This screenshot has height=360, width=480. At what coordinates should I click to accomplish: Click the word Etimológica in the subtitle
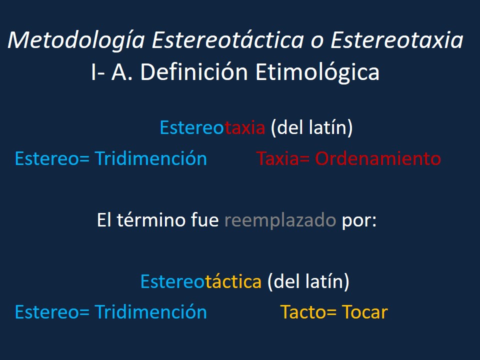click(x=317, y=72)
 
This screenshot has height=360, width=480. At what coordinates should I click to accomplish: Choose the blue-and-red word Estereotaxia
click(x=212, y=128)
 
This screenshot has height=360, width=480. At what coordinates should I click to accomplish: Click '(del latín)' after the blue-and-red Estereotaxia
click(x=311, y=128)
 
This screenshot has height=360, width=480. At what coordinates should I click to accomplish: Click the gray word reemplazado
click(x=280, y=220)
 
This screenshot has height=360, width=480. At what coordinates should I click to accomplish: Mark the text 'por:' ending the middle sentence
click(x=359, y=220)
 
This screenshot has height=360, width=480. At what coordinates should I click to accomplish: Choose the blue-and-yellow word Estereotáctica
click(x=201, y=281)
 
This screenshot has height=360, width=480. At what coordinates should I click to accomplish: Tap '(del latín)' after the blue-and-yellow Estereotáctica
click(x=308, y=281)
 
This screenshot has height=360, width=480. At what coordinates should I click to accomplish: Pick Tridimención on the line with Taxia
click(x=150, y=158)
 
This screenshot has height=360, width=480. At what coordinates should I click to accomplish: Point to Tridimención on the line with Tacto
click(x=150, y=312)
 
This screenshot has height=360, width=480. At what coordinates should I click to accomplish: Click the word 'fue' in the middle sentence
click(x=205, y=220)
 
